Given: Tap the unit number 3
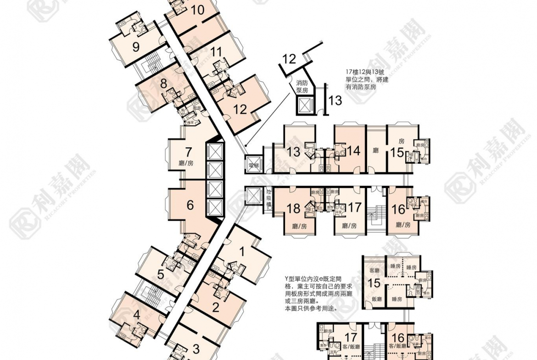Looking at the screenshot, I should click(x=196, y=349).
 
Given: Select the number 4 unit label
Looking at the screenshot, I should click(x=136, y=315).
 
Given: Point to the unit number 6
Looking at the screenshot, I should click(x=190, y=205).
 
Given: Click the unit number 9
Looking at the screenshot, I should click(x=136, y=47).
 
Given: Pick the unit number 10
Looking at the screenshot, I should click(x=197, y=10).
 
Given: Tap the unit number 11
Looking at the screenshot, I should click(x=216, y=51).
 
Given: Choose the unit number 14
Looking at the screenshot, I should click(x=353, y=151).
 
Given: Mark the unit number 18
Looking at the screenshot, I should click(x=293, y=209).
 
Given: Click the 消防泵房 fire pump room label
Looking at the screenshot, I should click(x=302, y=86).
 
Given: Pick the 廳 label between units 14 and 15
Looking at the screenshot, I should click(x=376, y=150).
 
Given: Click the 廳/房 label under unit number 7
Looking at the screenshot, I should click(x=187, y=163).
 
